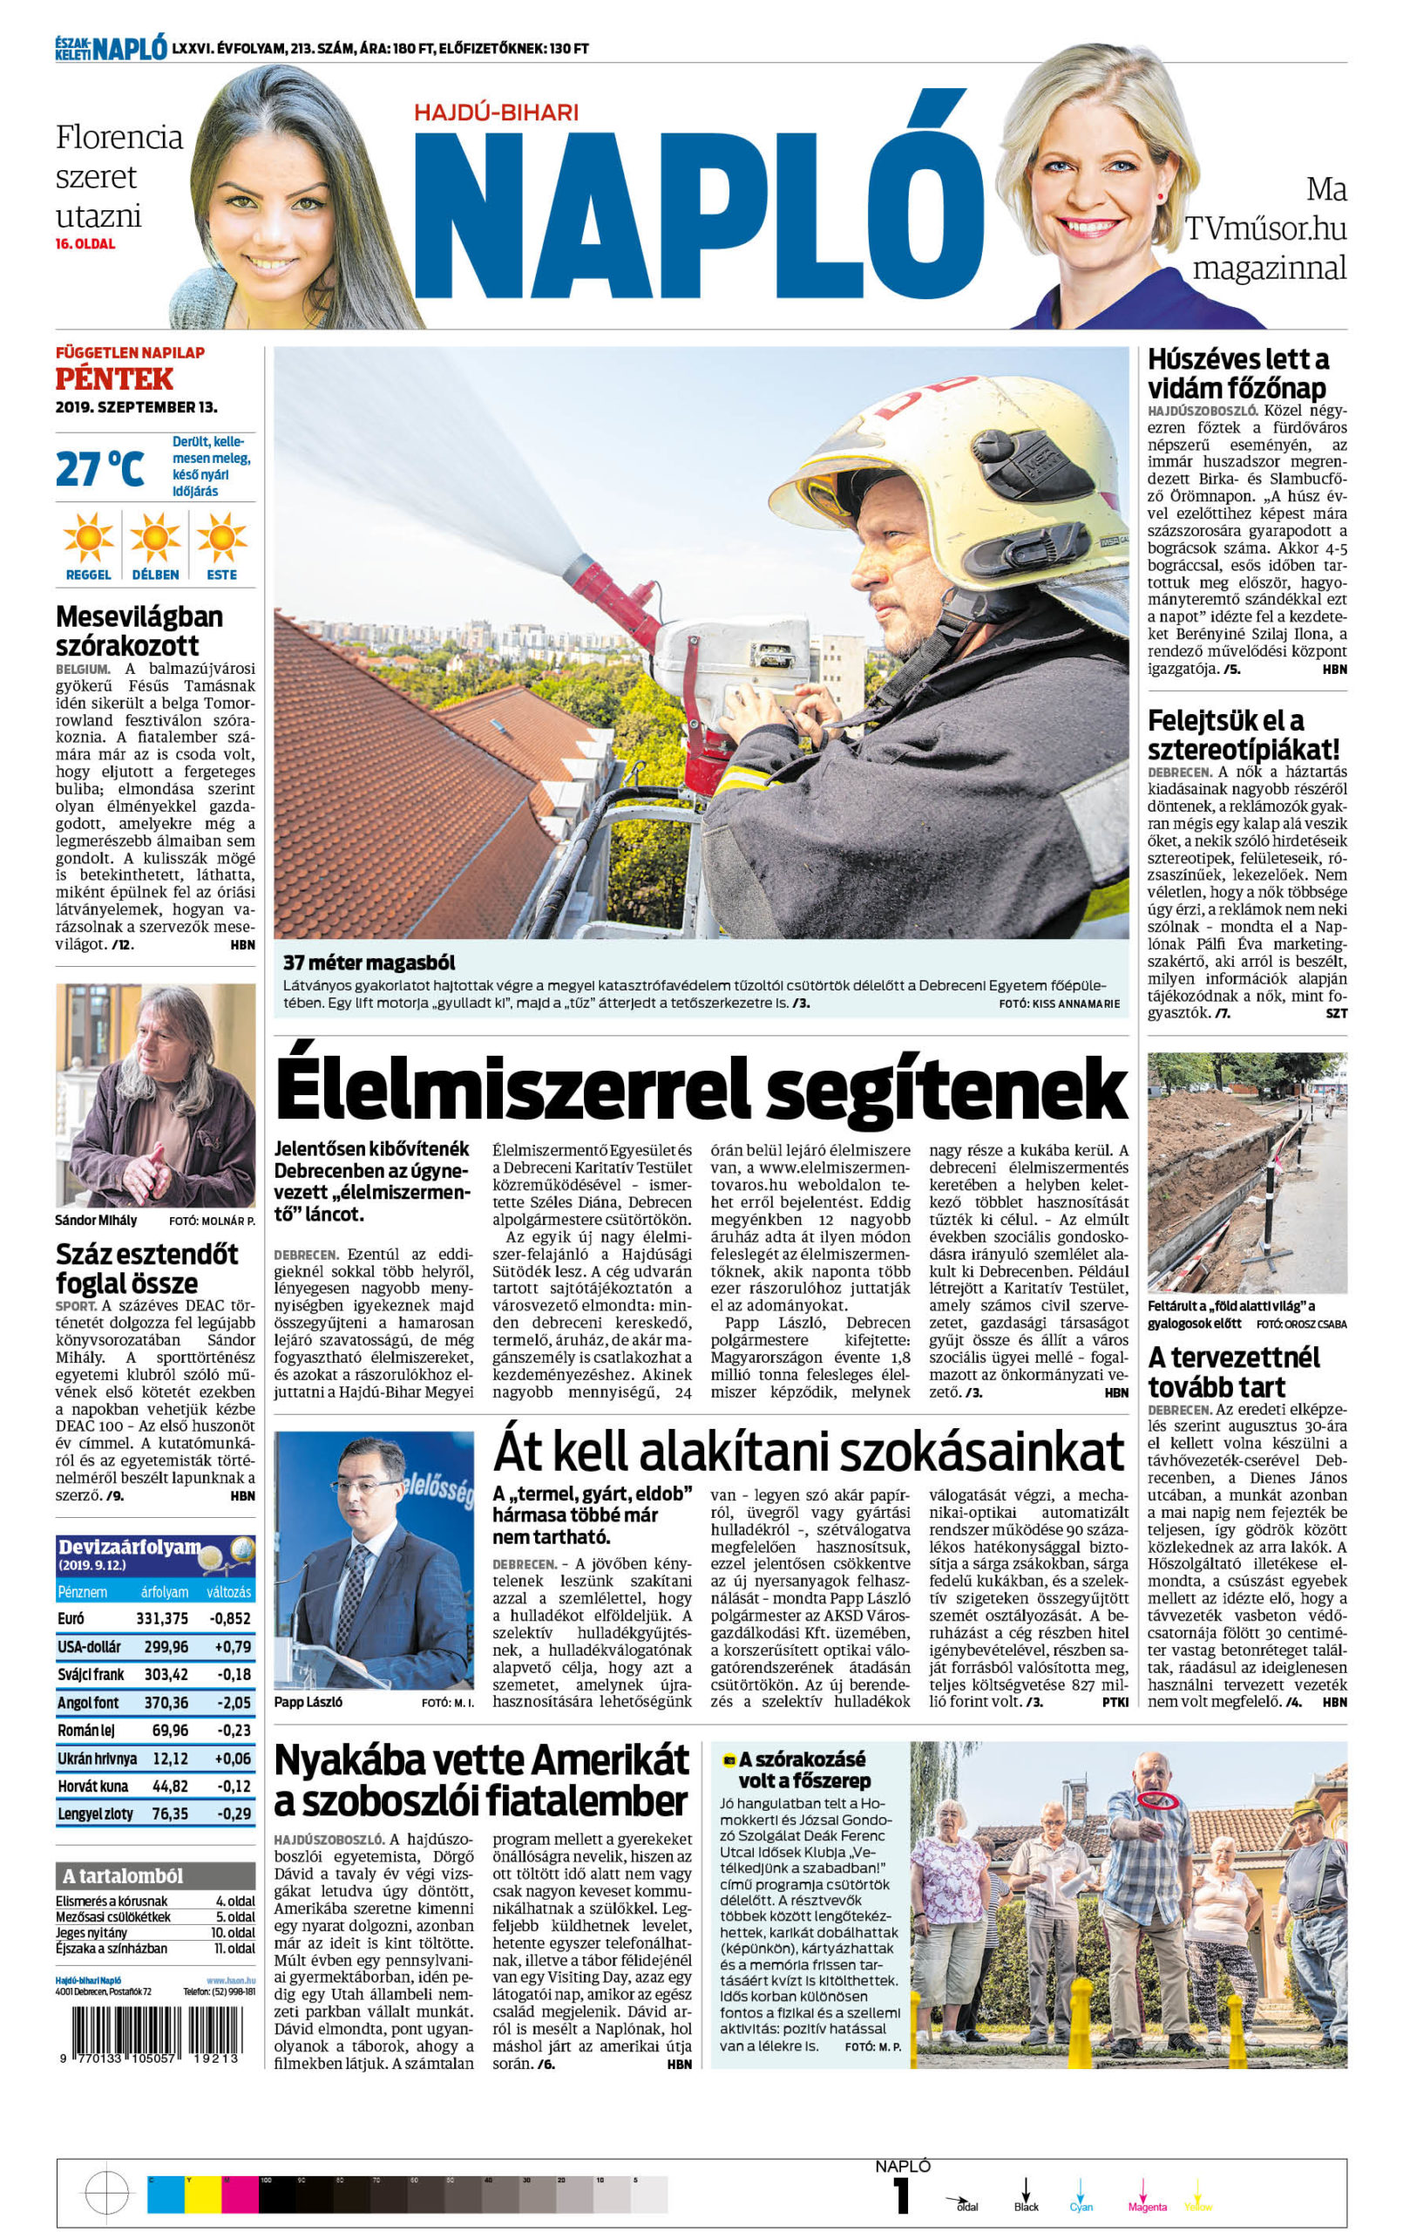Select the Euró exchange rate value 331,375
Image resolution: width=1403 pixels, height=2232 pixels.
[161, 1618]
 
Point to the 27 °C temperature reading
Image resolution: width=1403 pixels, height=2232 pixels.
[100, 469]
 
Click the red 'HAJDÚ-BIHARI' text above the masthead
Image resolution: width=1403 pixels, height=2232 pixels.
[495, 112]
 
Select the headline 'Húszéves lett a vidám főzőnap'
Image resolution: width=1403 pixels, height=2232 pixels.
[1237, 372]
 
